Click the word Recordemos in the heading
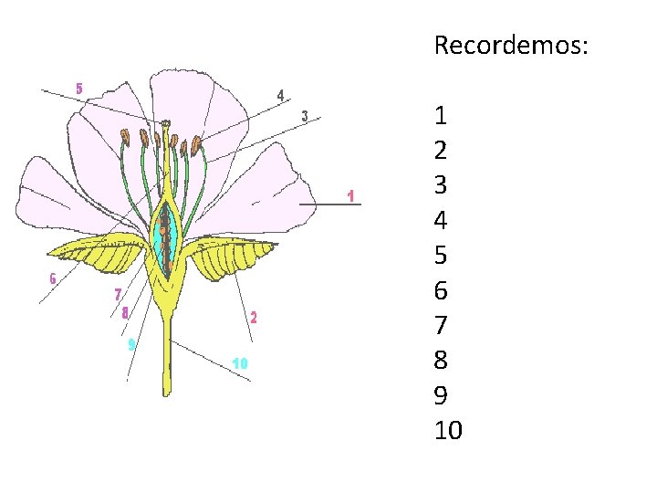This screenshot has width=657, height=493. tap(510, 45)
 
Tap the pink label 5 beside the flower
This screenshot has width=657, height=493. tap(79, 89)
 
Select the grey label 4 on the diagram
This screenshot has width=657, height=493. tap(281, 94)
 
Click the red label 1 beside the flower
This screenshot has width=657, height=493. tap(350, 195)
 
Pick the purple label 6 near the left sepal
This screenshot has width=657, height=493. tap(53, 279)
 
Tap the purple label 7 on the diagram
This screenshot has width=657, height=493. tap(117, 294)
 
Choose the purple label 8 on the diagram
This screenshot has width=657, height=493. tap(125, 312)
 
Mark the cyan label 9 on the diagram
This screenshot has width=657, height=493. tap(131, 344)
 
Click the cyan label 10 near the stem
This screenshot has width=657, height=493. tap(240, 363)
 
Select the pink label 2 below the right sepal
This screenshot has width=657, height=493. tap(254, 318)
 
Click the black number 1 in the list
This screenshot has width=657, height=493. tap(442, 116)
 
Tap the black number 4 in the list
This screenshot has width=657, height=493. tap(442, 220)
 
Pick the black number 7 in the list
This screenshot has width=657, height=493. tap(442, 325)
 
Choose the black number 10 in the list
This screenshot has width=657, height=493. tap(449, 429)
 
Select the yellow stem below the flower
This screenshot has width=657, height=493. tap(167, 356)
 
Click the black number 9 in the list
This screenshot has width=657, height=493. tap(442, 394)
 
